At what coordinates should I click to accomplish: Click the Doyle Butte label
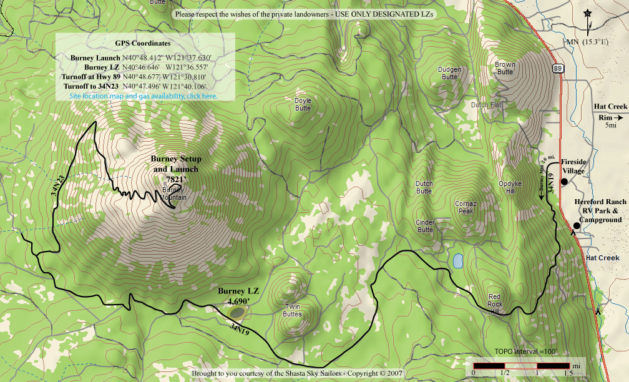[303, 104]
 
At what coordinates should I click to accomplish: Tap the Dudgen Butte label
[449, 73]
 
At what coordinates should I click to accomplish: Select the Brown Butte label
[505, 68]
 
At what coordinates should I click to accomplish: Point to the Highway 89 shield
[558, 67]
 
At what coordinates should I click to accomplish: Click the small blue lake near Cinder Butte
[458, 260]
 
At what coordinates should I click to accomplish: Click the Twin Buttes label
[293, 310]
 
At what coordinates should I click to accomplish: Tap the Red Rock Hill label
[494, 304]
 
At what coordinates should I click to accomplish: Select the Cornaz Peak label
[466, 207]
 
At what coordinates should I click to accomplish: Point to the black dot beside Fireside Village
[563, 182]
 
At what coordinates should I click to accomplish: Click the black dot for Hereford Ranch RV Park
[576, 225]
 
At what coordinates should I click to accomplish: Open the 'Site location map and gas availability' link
[144, 96]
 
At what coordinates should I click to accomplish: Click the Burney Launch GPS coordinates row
[143, 58]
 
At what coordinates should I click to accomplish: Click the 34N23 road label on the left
[57, 186]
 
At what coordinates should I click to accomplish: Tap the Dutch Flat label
[486, 105]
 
